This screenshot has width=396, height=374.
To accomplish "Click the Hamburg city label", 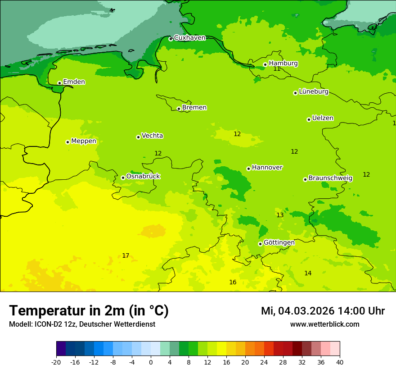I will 283,64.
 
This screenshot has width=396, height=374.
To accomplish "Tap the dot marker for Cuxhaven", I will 171,39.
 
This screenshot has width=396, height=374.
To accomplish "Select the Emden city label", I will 74,82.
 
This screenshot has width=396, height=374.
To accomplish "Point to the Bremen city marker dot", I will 179,109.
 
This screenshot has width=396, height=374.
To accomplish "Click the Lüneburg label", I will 313,91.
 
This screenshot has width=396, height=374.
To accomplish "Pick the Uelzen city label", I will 323,118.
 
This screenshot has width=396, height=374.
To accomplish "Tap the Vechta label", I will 152,136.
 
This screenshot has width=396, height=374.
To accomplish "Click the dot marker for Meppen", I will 67,142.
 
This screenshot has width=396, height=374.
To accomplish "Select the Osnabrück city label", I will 143,176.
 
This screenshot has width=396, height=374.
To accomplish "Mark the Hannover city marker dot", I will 248,169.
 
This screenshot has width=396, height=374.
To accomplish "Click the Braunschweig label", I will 330,178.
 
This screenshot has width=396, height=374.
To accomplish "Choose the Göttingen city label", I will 279,242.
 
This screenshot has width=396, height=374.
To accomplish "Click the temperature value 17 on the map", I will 126,256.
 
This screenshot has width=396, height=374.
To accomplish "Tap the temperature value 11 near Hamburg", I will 277,69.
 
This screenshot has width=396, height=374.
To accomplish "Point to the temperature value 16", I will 233,283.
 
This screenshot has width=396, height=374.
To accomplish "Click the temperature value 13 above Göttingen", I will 280,215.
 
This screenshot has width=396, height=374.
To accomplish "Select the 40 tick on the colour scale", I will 340,362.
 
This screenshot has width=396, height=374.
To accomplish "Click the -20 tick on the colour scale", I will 56,362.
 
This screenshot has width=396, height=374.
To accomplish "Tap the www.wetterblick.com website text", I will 324,324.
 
